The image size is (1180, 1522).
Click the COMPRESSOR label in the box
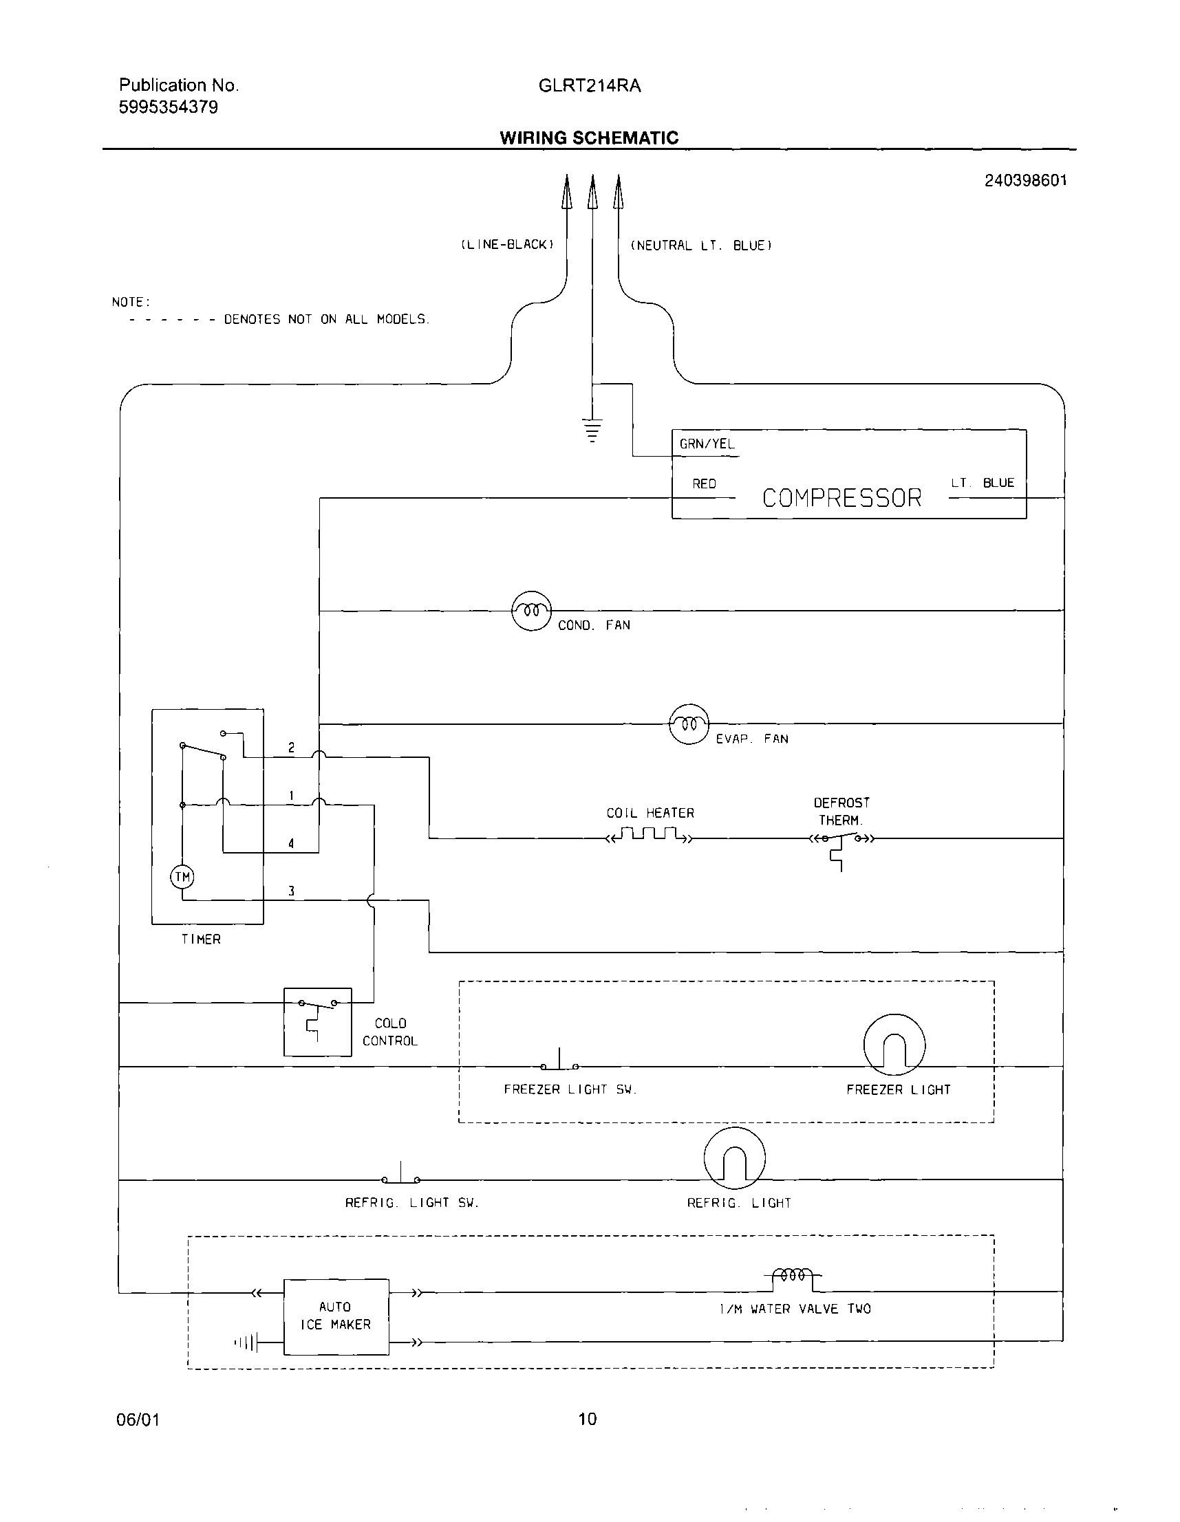(x=841, y=497)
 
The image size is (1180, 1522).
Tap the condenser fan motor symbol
(x=531, y=611)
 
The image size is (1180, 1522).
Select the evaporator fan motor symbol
(x=689, y=724)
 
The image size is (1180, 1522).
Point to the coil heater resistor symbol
(x=650, y=835)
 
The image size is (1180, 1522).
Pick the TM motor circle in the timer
(x=182, y=877)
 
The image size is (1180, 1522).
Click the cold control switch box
(x=317, y=1021)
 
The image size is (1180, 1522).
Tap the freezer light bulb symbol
(x=894, y=1045)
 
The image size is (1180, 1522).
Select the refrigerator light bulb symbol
(x=735, y=1158)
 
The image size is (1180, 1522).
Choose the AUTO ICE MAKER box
(x=336, y=1316)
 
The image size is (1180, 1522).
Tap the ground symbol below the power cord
(x=592, y=431)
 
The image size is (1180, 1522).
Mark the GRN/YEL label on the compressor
(x=707, y=444)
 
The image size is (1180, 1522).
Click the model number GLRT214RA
(x=590, y=86)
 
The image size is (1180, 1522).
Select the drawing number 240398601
(x=1025, y=180)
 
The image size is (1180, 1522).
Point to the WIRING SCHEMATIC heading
(x=589, y=138)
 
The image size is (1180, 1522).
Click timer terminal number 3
(x=291, y=891)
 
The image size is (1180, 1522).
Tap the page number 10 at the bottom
(x=588, y=1419)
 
